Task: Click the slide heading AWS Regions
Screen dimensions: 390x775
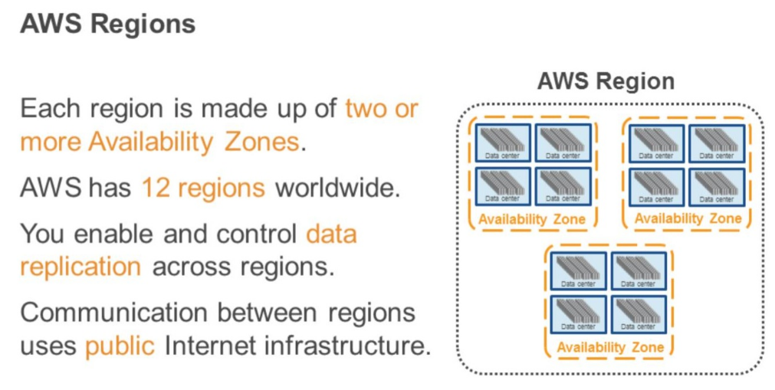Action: coord(108,24)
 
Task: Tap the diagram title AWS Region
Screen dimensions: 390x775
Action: coord(606,81)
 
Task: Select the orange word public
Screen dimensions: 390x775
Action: coord(121,346)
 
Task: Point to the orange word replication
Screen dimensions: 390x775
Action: coord(80,267)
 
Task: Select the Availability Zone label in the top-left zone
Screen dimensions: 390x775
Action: coord(532,220)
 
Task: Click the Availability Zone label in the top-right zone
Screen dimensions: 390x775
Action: coord(688,219)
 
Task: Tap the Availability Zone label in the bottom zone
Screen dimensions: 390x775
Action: coord(609,348)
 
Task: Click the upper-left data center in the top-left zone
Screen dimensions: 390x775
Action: coord(503,143)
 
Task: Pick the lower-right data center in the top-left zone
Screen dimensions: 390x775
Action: coord(563,186)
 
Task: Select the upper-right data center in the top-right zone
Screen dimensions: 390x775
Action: coord(718,143)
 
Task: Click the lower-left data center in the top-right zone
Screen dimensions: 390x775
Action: coord(657,186)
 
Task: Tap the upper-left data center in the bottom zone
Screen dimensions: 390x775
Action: coord(579,271)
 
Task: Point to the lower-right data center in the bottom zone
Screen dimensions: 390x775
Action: coord(639,315)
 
